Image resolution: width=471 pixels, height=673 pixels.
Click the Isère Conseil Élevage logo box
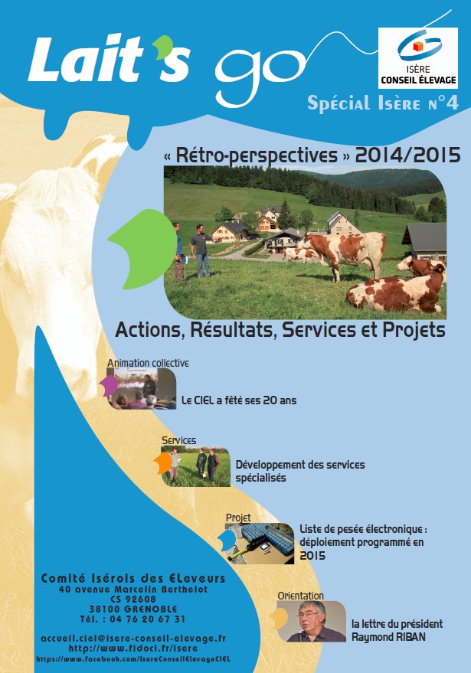click(417, 58)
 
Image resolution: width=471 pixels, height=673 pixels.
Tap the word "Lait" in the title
click(86, 59)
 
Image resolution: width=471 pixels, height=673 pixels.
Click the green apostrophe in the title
click(164, 47)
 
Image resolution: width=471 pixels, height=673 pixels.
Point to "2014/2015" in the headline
click(407, 155)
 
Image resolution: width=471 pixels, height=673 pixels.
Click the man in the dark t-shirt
click(200, 250)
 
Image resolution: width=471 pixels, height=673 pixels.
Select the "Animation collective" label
click(148, 363)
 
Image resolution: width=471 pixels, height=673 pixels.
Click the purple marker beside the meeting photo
click(109, 386)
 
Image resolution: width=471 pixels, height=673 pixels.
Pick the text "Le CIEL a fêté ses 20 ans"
click(239, 400)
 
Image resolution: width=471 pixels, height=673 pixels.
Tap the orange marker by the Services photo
click(163, 463)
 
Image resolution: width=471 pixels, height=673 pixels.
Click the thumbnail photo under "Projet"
click(260, 544)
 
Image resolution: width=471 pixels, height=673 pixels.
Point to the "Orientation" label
click(300, 596)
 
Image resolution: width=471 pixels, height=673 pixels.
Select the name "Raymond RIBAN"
click(388, 637)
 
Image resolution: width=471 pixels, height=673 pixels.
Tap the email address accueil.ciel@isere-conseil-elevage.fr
click(133, 639)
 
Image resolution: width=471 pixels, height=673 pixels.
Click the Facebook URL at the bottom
click(133, 659)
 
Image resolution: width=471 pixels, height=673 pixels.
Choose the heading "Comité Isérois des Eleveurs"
click(133, 579)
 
